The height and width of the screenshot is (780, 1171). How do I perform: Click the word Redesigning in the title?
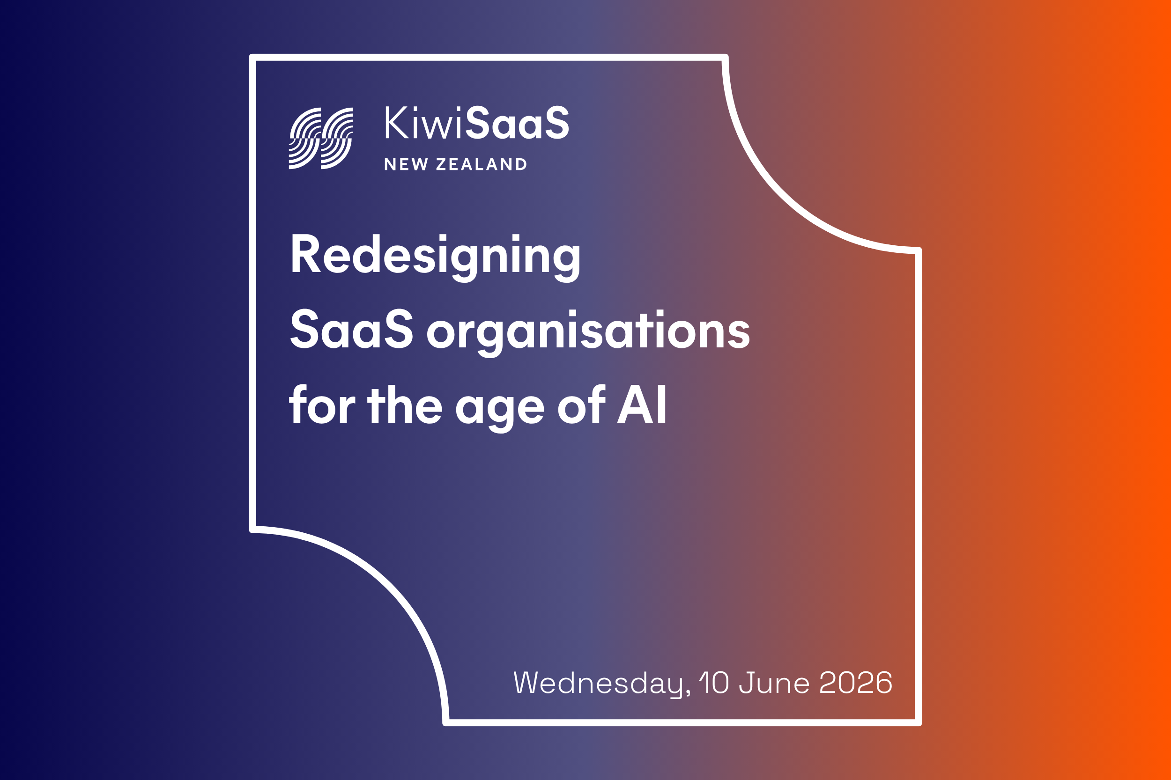pyautogui.click(x=435, y=255)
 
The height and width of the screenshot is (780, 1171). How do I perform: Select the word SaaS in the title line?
pyautogui.click(x=351, y=329)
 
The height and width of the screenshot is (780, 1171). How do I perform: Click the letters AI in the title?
pyautogui.click(x=642, y=405)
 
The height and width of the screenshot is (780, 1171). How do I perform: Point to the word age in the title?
pyautogui.click(x=500, y=408)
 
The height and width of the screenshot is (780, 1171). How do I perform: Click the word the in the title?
pyautogui.click(x=405, y=405)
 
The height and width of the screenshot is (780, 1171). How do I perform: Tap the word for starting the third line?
pyautogui.click(x=322, y=405)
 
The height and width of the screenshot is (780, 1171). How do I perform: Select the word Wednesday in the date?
pyautogui.click(x=601, y=683)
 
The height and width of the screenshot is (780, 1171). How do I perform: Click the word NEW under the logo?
pyautogui.click(x=406, y=164)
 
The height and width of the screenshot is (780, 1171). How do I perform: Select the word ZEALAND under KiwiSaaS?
pyautogui.click(x=481, y=164)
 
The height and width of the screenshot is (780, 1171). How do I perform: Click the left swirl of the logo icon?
pyautogui.click(x=304, y=138)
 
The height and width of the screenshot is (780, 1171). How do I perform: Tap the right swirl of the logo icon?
pyautogui.click(x=337, y=138)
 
